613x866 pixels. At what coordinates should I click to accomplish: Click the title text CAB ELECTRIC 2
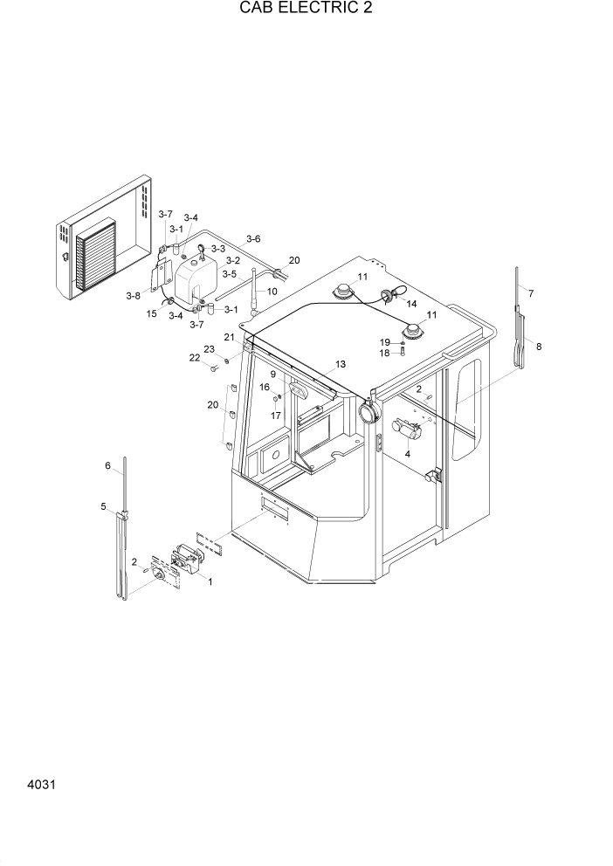[x=305, y=10]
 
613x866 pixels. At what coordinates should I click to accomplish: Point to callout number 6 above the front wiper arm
[x=108, y=467]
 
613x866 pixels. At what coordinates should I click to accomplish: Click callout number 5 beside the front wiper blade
[x=103, y=507]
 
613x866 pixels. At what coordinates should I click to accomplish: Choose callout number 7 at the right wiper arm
[x=530, y=292]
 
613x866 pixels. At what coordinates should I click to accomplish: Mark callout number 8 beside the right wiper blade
[x=539, y=347]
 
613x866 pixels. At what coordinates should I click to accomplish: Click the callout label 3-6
[x=253, y=239]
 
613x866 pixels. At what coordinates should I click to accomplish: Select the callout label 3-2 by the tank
[x=232, y=260]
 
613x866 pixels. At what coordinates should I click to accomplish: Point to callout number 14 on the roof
[x=412, y=304]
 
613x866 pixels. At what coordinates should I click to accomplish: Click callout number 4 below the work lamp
[x=408, y=454]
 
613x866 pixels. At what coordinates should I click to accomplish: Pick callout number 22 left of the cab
[x=195, y=357]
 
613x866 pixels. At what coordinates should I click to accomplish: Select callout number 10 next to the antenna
[x=272, y=292]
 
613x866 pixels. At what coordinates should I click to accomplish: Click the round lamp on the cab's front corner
[x=368, y=411]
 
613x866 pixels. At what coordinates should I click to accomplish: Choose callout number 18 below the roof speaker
[x=384, y=353]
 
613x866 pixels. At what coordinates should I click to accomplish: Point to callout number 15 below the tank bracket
[x=151, y=313]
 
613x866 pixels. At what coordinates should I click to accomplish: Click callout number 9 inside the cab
[x=273, y=375]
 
